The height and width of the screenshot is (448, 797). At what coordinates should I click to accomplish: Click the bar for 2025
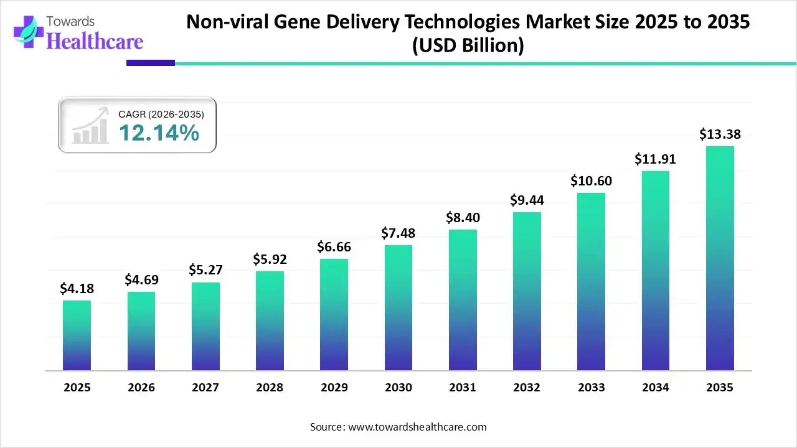click(77, 335)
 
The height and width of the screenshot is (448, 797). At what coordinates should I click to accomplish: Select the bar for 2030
click(398, 307)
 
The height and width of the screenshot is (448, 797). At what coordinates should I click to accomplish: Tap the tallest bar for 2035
click(720, 258)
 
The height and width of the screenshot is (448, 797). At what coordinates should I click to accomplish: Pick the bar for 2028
click(270, 320)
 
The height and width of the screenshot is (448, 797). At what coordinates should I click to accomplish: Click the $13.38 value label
click(720, 134)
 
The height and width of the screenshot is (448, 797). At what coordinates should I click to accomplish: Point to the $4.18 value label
click(77, 288)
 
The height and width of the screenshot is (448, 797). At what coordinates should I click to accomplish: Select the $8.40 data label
click(463, 218)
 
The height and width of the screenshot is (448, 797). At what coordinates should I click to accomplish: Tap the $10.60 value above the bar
click(591, 181)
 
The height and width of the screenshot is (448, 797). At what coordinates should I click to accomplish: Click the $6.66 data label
click(334, 247)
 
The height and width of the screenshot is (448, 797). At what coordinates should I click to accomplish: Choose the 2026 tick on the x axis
click(141, 388)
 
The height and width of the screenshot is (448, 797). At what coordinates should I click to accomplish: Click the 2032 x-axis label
click(527, 388)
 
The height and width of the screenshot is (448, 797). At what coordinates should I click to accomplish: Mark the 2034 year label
click(656, 388)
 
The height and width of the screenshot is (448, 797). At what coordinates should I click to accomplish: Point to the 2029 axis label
click(334, 388)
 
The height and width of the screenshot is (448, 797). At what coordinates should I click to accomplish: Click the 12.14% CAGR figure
click(159, 133)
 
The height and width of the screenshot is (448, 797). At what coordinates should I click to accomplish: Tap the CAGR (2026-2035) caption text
click(161, 114)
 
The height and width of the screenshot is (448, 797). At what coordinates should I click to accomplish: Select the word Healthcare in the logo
click(95, 41)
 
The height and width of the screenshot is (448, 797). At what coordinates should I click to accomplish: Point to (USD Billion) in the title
click(468, 45)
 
